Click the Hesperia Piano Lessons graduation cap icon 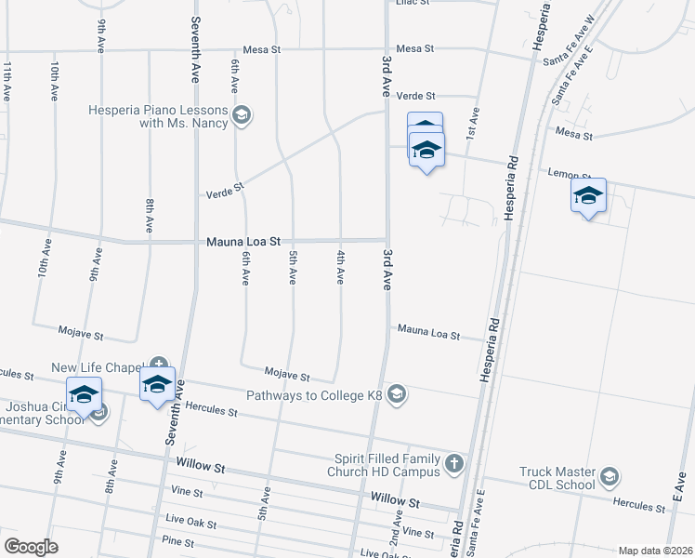point(242,115)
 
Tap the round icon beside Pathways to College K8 point(397,395)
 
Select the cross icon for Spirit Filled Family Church point(452,463)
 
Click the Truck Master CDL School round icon point(610,477)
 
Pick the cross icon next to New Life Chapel point(159,365)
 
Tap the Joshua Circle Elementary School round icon point(99,412)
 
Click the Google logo point(31,546)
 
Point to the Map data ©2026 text point(654,551)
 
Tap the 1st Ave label point(472,124)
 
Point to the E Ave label point(676,482)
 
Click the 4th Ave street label point(341,266)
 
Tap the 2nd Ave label point(395,533)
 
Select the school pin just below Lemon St point(588,197)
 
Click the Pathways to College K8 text point(315,395)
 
